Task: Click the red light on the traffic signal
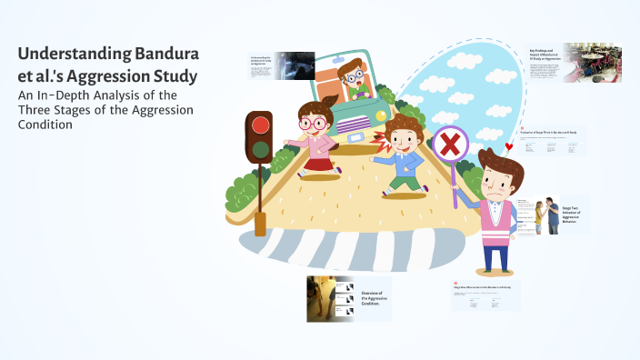pyautogui.click(x=260, y=125)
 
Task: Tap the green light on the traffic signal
pyautogui.click(x=260, y=150)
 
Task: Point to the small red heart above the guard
pyautogui.click(x=509, y=146)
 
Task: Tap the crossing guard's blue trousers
pyautogui.click(x=496, y=255)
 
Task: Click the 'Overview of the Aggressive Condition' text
pyautogui.click(x=375, y=300)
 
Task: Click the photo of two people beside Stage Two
pyautogui.click(x=546, y=216)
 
